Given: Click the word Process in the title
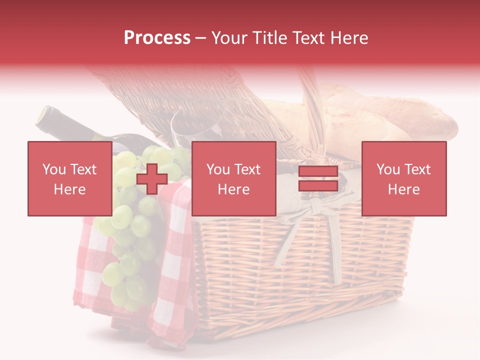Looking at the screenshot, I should (157, 38).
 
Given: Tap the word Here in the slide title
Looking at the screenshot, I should (348, 38).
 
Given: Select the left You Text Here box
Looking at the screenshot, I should (69, 178).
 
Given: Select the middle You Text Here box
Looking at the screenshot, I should (233, 178).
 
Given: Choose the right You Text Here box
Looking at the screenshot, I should (403, 178).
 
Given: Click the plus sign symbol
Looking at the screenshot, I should (152, 179).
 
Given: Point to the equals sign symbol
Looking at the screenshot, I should (318, 179).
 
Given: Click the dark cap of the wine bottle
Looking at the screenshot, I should (46, 117).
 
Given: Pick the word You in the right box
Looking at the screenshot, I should (386, 169).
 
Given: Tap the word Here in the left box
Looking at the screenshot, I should (69, 189).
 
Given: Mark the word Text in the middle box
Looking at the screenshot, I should (246, 169).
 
